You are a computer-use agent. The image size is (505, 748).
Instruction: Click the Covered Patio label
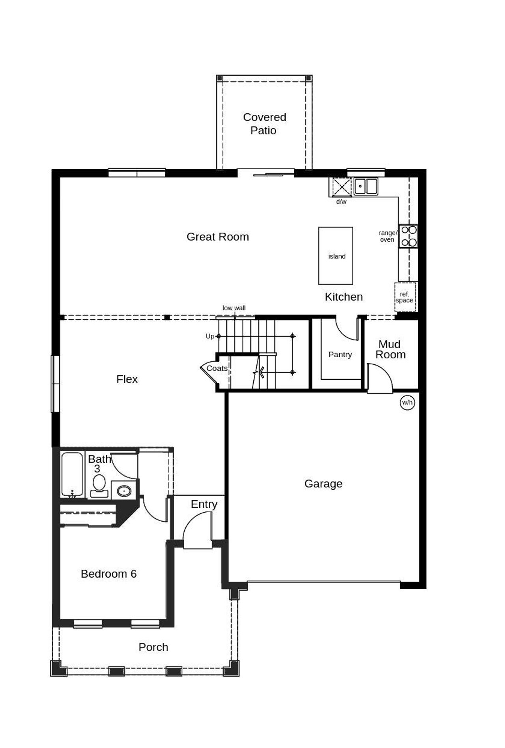(264, 123)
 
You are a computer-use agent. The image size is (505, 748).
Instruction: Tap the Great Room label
(218, 237)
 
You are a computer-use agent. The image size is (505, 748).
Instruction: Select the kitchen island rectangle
(336, 256)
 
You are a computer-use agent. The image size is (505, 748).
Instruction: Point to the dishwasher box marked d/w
(341, 187)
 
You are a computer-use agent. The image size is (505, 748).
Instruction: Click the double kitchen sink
(366, 186)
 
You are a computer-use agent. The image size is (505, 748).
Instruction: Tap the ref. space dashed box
(405, 297)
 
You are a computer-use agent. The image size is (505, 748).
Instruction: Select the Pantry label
(340, 354)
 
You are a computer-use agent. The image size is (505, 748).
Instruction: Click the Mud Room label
(390, 349)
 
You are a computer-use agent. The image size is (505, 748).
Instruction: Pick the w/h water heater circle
(407, 403)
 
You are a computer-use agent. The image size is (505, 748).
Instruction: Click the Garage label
(323, 483)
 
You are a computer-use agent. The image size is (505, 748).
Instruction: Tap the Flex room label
(127, 379)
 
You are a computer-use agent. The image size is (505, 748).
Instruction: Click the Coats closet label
(217, 368)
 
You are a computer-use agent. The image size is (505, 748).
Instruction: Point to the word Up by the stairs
(210, 336)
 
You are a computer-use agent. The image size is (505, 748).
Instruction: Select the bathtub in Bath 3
(72, 474)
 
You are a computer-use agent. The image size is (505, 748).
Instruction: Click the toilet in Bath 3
(99, 485)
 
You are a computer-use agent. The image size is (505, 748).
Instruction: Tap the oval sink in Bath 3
(124, 491)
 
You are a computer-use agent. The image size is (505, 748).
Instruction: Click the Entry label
(204, 504)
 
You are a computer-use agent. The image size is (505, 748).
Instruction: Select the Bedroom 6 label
(108, 574)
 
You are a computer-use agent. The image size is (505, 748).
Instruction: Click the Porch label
(153, 647)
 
